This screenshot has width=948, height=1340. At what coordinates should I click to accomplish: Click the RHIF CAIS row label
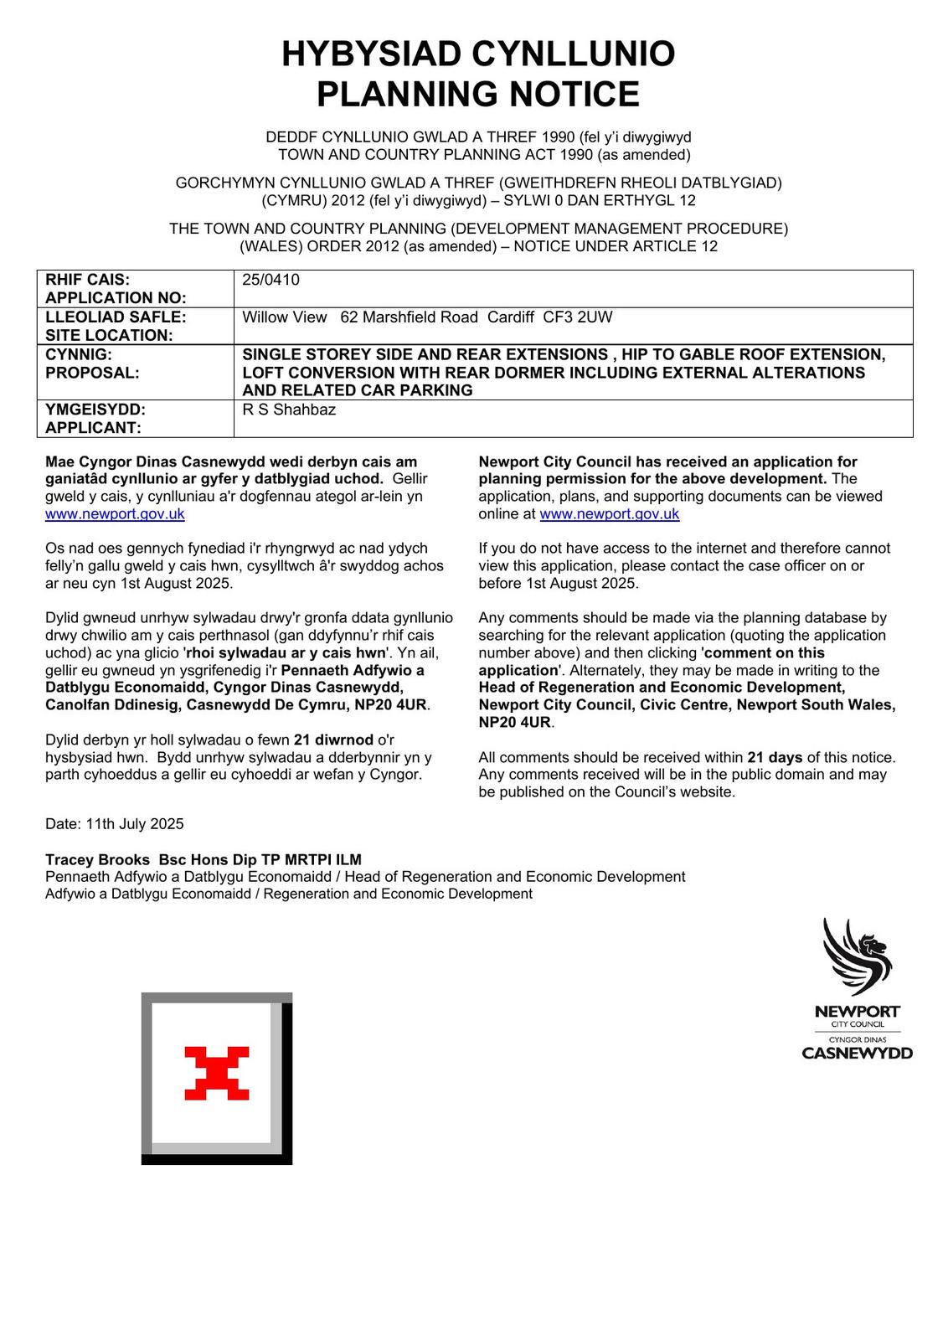[87, 280]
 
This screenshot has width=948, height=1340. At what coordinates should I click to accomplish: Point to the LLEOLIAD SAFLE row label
[116, 317]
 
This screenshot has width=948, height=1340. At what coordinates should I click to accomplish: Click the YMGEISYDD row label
[95, 410]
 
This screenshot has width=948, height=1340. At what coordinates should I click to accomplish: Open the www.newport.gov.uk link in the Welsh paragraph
[115, 514]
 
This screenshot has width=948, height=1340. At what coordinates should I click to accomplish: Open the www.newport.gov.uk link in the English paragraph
[609, 514]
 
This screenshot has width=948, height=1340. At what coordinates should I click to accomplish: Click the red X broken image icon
[217, 1073]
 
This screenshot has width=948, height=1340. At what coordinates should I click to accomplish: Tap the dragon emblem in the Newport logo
[858, 956]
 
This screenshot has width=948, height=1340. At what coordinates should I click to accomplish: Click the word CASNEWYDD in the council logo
[857, 1054]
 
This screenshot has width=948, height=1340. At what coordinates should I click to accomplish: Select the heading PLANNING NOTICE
[478, 94]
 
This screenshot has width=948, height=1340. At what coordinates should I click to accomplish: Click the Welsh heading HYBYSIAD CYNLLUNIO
[478, 54]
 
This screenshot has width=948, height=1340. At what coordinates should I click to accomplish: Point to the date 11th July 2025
[134, 824]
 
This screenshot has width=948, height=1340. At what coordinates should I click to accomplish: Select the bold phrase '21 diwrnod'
[333, 740]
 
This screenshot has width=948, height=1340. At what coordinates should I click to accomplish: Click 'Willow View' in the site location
[285, 317]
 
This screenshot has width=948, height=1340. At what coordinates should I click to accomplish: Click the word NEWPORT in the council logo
[857, 1012]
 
